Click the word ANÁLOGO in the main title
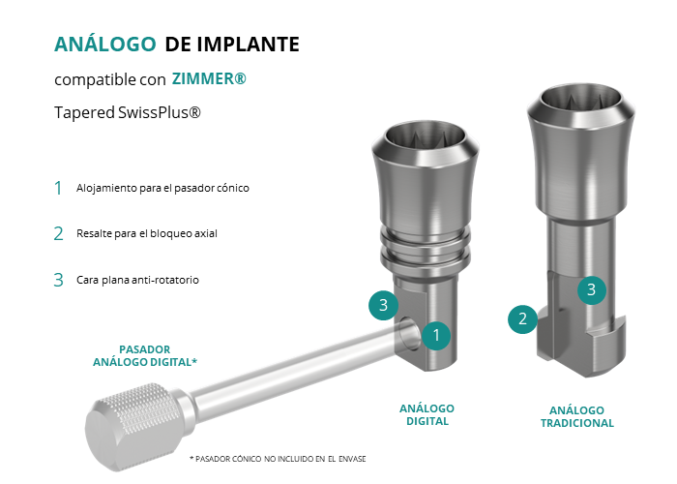click(x=104, y=45)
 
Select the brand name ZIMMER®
click(x=209, y=78)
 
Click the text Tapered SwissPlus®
click(x=128, y=112)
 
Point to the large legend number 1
click(x=58, y=188)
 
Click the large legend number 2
click(x=58, y=234)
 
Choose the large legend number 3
click(x=58, y=280)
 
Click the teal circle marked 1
click(x=436, y=335)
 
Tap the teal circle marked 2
click(x=522, y=318)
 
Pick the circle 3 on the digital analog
click(x=383, y=305)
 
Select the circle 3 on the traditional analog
click(x=592, y=289)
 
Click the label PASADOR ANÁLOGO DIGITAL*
click(x=145, y=355)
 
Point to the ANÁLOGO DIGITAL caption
click(x=427, y=415)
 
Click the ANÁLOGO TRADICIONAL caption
click(x=577, y=416)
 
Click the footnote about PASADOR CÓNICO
click(x=278, y=459)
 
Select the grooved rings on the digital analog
click(x=426, y=250)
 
